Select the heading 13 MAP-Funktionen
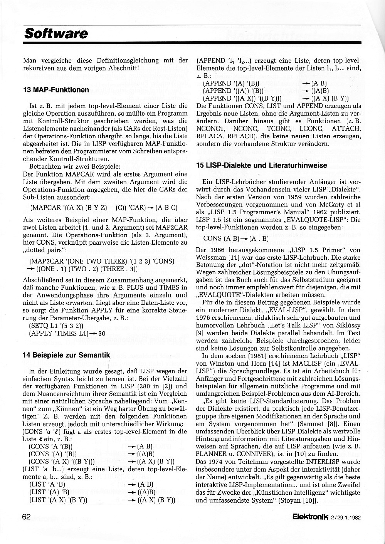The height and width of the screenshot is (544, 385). click(56, 90)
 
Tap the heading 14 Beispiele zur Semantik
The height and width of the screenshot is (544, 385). click(66, 355)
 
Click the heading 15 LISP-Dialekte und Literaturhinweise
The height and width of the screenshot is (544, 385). click(261, 165)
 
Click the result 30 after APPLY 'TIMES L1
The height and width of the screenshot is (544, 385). click(102, 333)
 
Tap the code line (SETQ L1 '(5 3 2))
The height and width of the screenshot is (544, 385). click(56, 325)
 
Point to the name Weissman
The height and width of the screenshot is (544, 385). click(212, 257)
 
